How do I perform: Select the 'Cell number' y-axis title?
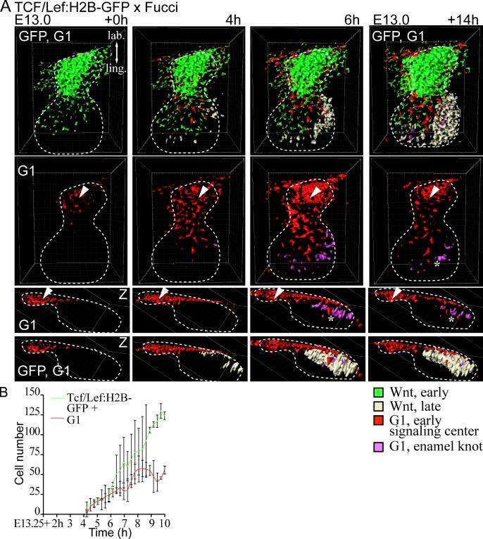[10, 450]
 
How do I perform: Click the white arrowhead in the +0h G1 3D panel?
[84, 191]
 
